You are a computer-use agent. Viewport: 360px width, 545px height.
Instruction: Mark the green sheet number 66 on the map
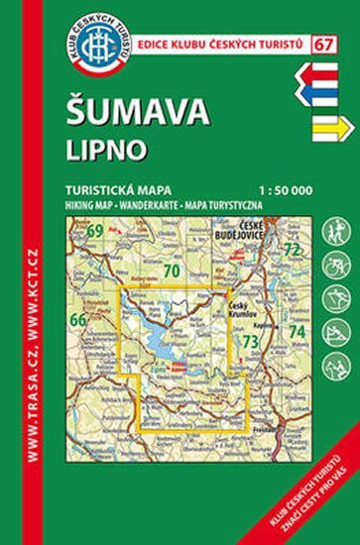click(x=79, y=319)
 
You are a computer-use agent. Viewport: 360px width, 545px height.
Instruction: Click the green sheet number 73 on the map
click(x=251, y=343)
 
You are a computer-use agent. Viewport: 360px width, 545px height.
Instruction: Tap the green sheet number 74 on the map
click(x=296, y=329)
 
